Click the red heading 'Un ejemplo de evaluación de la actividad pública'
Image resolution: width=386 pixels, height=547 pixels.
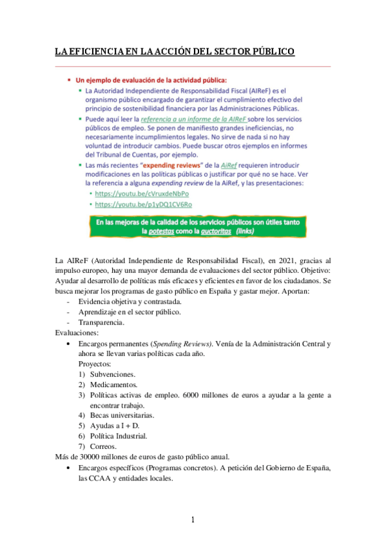[151, 81]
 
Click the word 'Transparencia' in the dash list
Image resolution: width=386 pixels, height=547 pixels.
[102, 322]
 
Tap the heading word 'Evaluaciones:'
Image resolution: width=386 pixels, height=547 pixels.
[77, 332]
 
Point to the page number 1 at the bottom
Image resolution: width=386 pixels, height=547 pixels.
[193, 519]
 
